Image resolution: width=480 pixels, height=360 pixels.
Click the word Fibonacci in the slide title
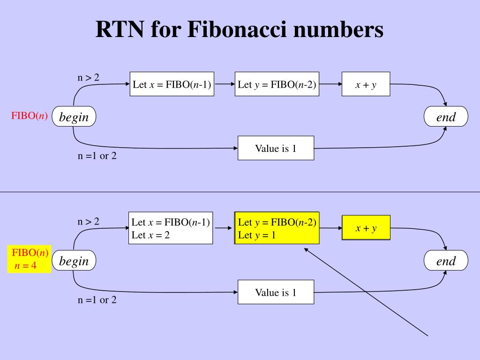(236, 30)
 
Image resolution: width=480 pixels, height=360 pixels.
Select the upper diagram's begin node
(74, 117)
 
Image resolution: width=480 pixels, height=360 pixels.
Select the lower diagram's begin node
(74, 261)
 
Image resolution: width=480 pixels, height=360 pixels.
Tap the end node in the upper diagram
(446, 117)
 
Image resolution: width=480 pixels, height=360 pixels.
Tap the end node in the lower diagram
(446, 261)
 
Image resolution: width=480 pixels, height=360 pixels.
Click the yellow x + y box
(366, 228)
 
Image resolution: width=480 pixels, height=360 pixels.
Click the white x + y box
(366, 85)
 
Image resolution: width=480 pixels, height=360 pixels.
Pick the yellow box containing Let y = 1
(277, 228)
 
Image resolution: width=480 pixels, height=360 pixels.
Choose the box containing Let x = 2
(171, 228)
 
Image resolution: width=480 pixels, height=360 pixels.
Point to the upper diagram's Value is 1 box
(276, 149)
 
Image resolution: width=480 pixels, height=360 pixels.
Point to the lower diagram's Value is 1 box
(276, 292)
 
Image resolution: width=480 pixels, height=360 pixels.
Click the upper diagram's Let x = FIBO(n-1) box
(172, 85)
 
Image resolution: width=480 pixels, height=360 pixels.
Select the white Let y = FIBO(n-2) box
(277, 85)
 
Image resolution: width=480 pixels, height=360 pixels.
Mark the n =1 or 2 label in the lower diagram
(97, 300)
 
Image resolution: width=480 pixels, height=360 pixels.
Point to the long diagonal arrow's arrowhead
(306, 249)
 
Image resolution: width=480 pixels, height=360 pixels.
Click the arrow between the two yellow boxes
(330, 228)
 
